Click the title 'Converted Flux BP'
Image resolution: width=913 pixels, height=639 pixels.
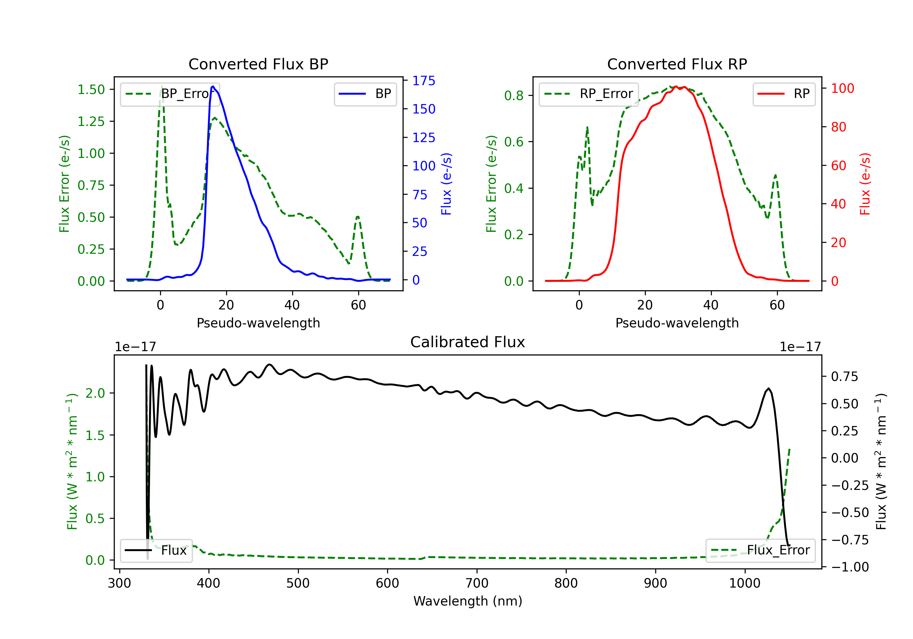[258, 64]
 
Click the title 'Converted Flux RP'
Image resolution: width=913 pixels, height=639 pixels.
[677, 64]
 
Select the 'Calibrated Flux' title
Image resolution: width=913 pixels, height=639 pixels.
[468, 342]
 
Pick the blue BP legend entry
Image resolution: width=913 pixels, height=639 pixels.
[365, 94]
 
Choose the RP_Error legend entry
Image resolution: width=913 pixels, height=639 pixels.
[589, 94]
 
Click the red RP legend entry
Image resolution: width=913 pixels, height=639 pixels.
[784, 94]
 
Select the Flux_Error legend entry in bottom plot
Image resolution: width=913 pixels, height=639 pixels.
[760, 550]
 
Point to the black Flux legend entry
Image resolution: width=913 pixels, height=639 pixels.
[156, 550]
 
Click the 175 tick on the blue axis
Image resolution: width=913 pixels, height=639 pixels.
[424, 81]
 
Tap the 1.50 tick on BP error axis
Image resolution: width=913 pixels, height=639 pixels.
[91, 89]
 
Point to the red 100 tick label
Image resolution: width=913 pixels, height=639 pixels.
[842, 88]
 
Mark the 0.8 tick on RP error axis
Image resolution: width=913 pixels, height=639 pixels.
[513, 96]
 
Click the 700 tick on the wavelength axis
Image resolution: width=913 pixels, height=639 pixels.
[477, 583]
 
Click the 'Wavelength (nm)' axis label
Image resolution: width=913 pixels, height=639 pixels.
[468, 601]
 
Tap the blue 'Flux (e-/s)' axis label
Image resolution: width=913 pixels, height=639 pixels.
[446, 184]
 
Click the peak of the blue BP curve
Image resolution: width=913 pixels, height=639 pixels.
[213, 86]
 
